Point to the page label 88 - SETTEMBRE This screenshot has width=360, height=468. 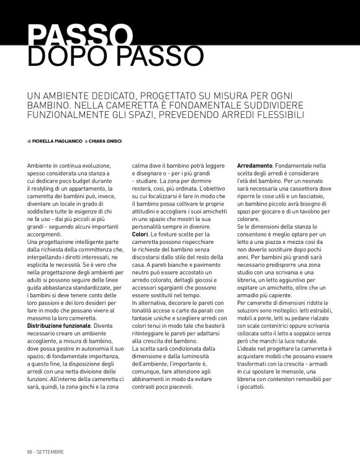click(x=45, y=451)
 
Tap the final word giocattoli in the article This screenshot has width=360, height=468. click(x=252, y=388)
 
